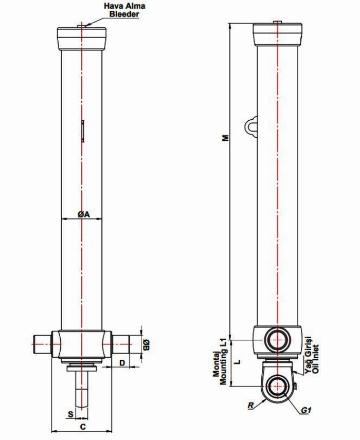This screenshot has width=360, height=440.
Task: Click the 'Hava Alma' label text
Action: (124, 6)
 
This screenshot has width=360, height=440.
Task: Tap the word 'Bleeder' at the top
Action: (124, 14)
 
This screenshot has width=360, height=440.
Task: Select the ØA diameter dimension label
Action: (84, 215)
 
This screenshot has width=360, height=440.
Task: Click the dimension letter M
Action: (225, 138)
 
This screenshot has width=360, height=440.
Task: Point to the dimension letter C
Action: (83, 427)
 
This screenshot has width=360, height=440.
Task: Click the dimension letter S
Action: (71, 414)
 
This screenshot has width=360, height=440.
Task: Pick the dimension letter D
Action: (122, 363)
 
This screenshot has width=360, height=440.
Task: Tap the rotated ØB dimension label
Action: (146, 345)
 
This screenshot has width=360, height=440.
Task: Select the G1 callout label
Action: (306, 410)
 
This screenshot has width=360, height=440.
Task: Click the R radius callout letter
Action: (250, 405)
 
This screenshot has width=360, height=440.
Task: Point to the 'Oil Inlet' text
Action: (316, 358)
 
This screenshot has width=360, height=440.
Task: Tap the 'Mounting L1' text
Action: (223, 362)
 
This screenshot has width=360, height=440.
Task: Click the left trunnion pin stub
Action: (43, 344)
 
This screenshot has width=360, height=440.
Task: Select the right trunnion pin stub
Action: (121, 344)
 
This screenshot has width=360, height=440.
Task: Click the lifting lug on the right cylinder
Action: (251, 126)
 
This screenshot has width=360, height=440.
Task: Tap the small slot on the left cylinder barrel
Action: (83, 131)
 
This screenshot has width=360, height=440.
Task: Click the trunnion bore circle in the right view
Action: (278, 340)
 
